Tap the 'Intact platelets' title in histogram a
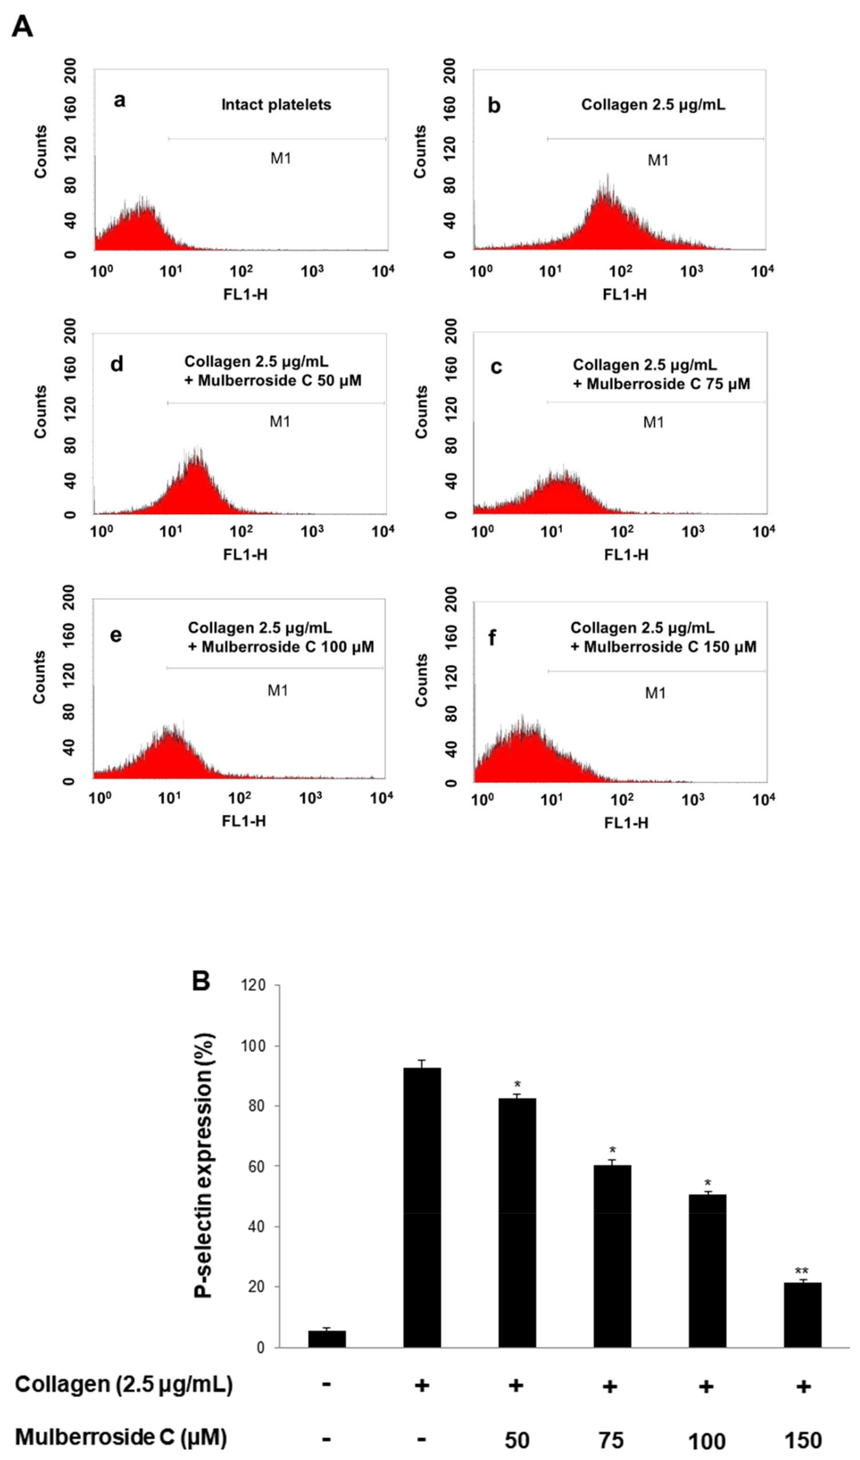point(276,105)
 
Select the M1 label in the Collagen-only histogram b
point(658,160)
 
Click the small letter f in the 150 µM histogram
point(492,638)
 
